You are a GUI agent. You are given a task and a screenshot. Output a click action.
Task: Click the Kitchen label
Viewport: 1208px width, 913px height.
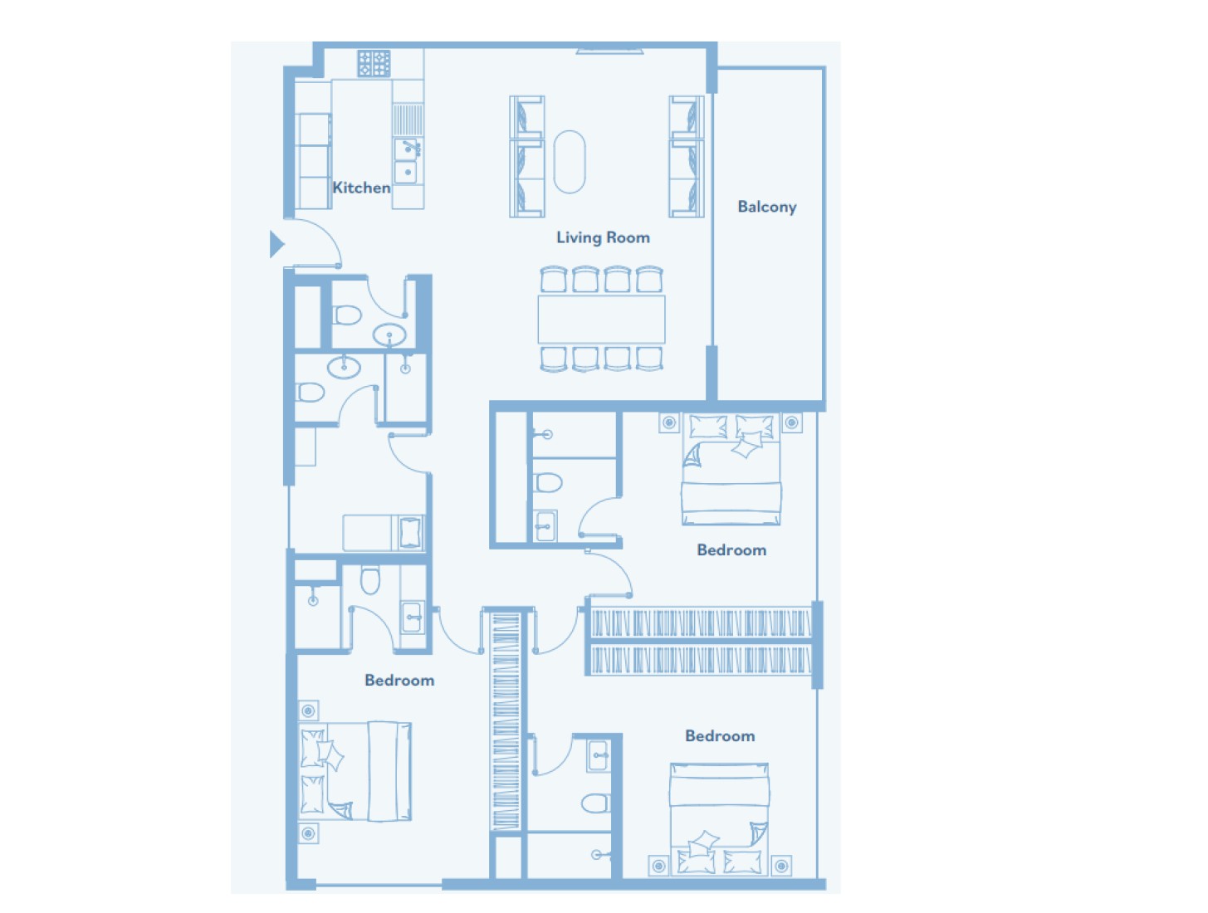pos(361,188)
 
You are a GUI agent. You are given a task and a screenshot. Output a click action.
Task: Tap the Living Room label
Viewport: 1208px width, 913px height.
pos(603,237)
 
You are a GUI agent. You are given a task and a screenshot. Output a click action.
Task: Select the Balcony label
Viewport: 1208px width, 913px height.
pos(766,207)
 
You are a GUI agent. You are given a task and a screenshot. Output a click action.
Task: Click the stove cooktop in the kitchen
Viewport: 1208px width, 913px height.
pos(374,63)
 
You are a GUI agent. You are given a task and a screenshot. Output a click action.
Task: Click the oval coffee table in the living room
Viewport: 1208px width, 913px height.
pos(570,162)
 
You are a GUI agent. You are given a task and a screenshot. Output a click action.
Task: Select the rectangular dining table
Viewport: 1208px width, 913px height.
pos(602,319)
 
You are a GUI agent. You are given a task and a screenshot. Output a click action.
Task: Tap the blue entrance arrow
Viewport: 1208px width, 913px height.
pos(276,244)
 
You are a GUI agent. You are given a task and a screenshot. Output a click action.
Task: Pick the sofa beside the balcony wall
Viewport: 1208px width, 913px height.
pos(687,156)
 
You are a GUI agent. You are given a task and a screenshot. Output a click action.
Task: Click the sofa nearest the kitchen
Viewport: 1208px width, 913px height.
pos(526,156)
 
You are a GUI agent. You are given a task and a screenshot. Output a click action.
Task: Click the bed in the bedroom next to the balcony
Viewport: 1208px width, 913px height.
pos(731,469)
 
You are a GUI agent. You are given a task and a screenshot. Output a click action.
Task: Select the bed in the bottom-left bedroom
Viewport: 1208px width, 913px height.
pos(355,771)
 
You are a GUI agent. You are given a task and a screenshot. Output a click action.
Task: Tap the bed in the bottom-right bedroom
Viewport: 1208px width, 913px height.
pos(719,818)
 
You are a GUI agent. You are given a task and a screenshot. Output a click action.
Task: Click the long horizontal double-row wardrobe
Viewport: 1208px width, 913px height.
pos(701,642)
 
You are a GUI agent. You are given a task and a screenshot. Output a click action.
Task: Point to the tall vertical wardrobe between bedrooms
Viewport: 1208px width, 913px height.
pos(506,721)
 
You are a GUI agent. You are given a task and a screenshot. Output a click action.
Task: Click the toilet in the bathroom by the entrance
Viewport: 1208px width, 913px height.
pos(347,315)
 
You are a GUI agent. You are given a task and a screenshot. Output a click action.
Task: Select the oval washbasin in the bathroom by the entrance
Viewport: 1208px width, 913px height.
pos(389,334)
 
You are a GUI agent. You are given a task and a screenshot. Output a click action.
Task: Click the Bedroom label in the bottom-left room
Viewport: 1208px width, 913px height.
pos(399,681)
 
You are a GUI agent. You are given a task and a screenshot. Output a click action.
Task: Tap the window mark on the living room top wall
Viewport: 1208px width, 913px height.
pos(609,51)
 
